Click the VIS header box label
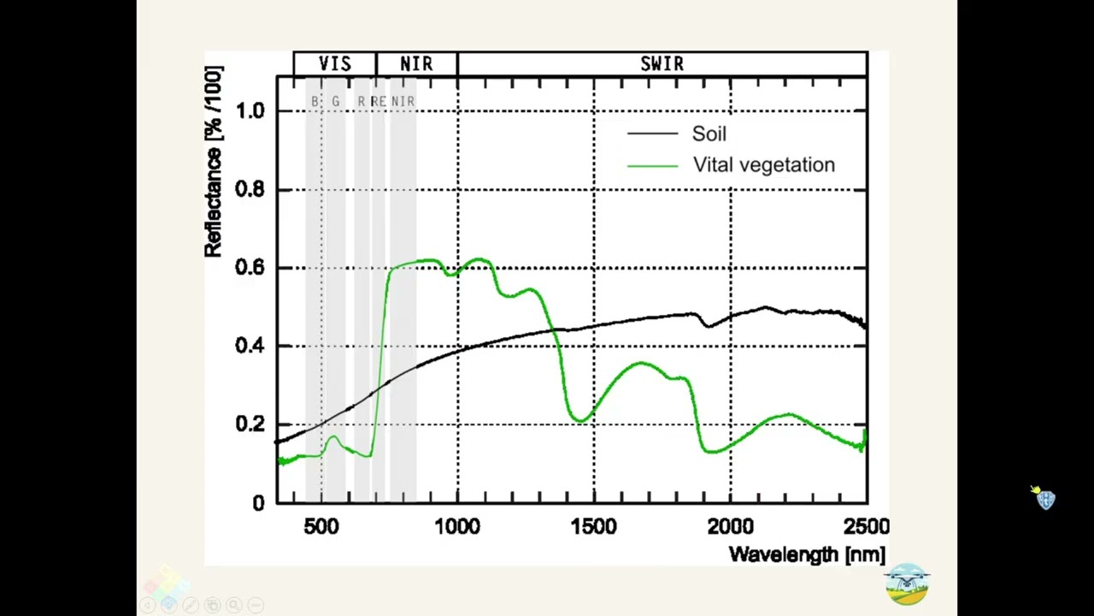click(x=334, y=64)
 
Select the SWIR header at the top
click(x=662, y=64)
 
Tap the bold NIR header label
click(x=416, y=64)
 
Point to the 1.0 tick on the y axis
click(x=250, y=111)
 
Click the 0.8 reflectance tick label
click(x=250, y=189)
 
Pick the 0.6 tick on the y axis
click(x=250, y=268)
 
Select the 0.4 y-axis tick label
click(x=250, y=346)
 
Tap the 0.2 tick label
click(x=250, y=424)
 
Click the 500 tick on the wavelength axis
click(x=321, y=527)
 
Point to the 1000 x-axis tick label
click(x=457, y=527)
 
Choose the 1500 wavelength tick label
click(x=594, y=527)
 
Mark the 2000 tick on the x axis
click(x=731, y=527)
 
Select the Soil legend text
click(x=709, y=134)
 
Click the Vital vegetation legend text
click(x=763, y=165)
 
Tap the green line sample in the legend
click(x=653, y=165)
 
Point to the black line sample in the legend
click(x=653, y=134)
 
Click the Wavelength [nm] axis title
click(x=807, y=554)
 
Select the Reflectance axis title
click(x=213, y=163)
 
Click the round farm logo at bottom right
click(x=907, y=584)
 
